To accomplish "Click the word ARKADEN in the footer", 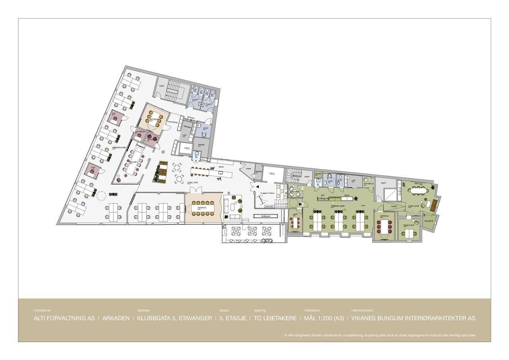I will click(x=116, y=318).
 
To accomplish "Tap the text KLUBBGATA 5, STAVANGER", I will click(x=175, y=318).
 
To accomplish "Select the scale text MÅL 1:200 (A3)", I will click(x=324, y=318).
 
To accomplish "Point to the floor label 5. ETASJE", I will click(x=233, y=318).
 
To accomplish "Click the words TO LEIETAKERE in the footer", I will click(x=275, y=318).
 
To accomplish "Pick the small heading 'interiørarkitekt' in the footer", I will click(x=361, y=310).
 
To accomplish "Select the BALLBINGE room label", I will click(x=428, y=220).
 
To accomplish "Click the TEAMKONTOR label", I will click(x=409, y=225).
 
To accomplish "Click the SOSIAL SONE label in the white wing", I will click(x=193, y=183).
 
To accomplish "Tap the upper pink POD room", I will click(x=116, y=117).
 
